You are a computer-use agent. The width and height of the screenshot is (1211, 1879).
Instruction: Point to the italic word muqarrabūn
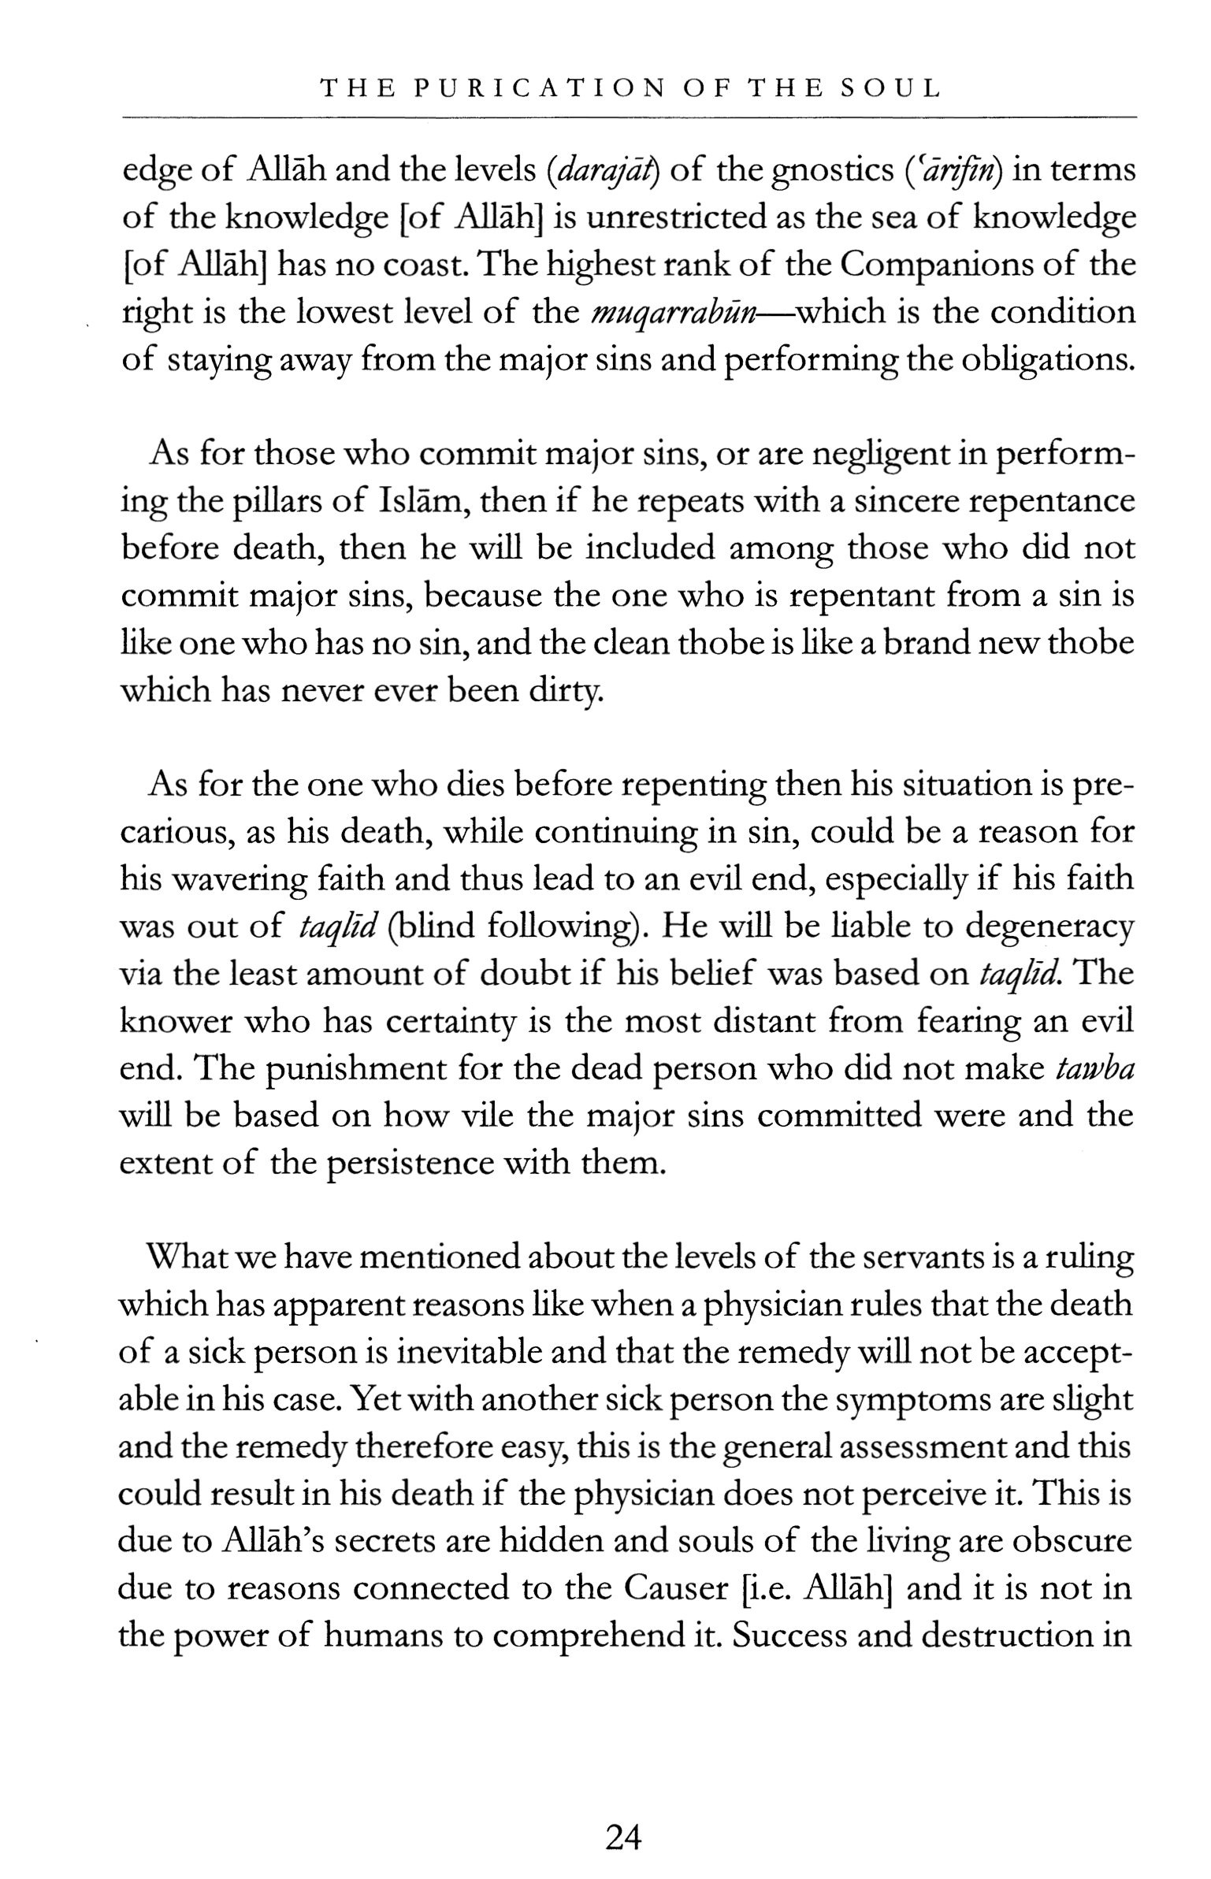pyautogui.click(x=674, y=314)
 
